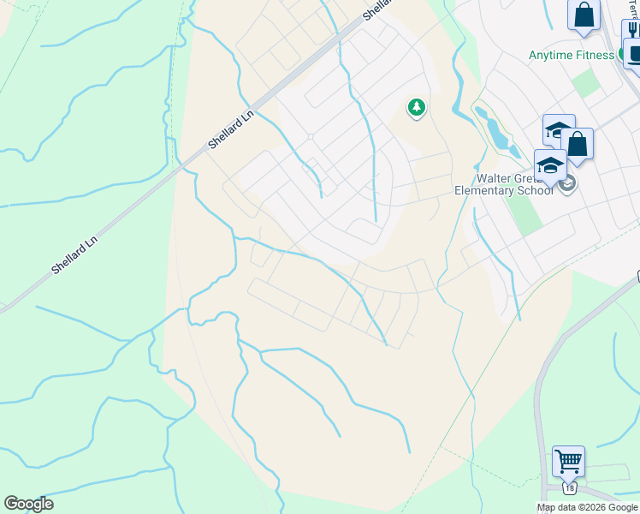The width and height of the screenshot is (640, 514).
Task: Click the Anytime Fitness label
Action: [571, 56]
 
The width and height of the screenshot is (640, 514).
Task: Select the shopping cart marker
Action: [568, 461]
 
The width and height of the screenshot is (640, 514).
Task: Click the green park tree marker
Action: [416, 108]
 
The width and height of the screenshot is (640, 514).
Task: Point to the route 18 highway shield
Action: [570, 488]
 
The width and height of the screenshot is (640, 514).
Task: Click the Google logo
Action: [28, 504]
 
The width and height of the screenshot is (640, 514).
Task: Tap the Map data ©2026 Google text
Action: [588, 507]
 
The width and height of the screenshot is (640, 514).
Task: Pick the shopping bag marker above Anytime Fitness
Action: [584, 15]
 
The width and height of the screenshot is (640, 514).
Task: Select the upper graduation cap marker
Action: [558, 131]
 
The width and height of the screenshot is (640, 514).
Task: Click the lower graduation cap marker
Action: [550, 164]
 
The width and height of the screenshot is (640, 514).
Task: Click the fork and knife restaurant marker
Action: [632, 29]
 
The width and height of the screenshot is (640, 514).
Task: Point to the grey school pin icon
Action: [567, 183]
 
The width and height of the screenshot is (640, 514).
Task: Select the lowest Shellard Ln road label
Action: [75, 250]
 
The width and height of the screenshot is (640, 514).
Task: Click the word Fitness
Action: [594, 56]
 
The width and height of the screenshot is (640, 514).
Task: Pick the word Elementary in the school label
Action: [487, 190]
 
